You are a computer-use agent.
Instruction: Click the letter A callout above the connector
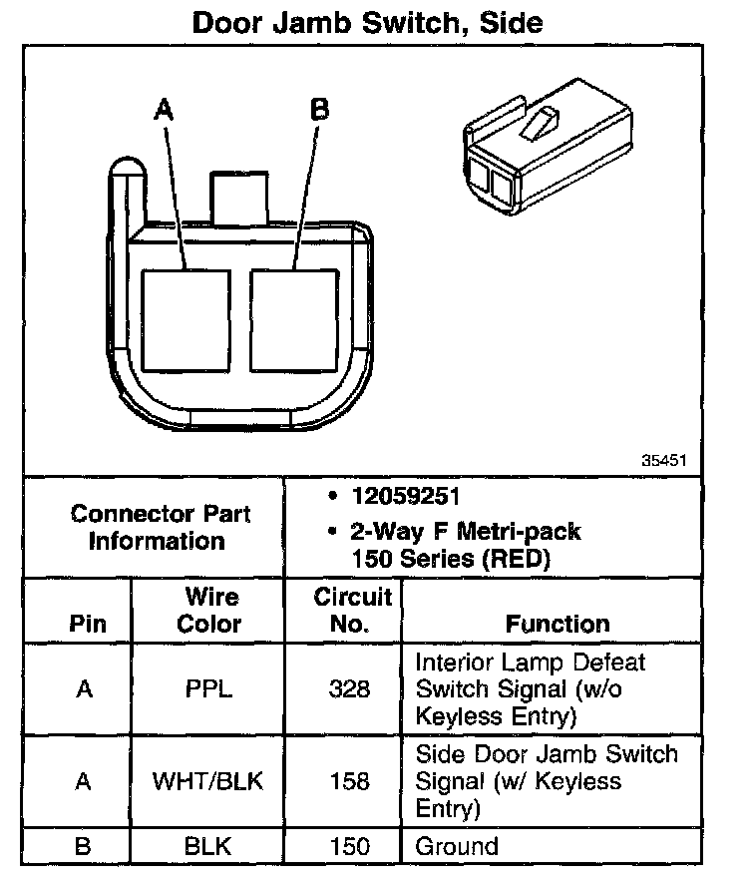[164, 110]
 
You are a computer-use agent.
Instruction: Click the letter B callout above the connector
[319, 110]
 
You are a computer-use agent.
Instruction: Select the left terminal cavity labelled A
[187, 318]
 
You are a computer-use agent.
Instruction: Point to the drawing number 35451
[664, 461]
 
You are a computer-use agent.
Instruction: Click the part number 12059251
[403, 497]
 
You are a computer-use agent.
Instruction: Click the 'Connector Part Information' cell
[161, 528]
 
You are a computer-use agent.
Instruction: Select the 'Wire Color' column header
[210, 611]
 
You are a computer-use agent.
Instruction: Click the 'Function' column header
[558, 625]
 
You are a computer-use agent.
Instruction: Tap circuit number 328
[349, 689]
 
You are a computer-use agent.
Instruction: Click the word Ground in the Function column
[457, 847]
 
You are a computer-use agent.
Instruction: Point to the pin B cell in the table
[84, 847]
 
